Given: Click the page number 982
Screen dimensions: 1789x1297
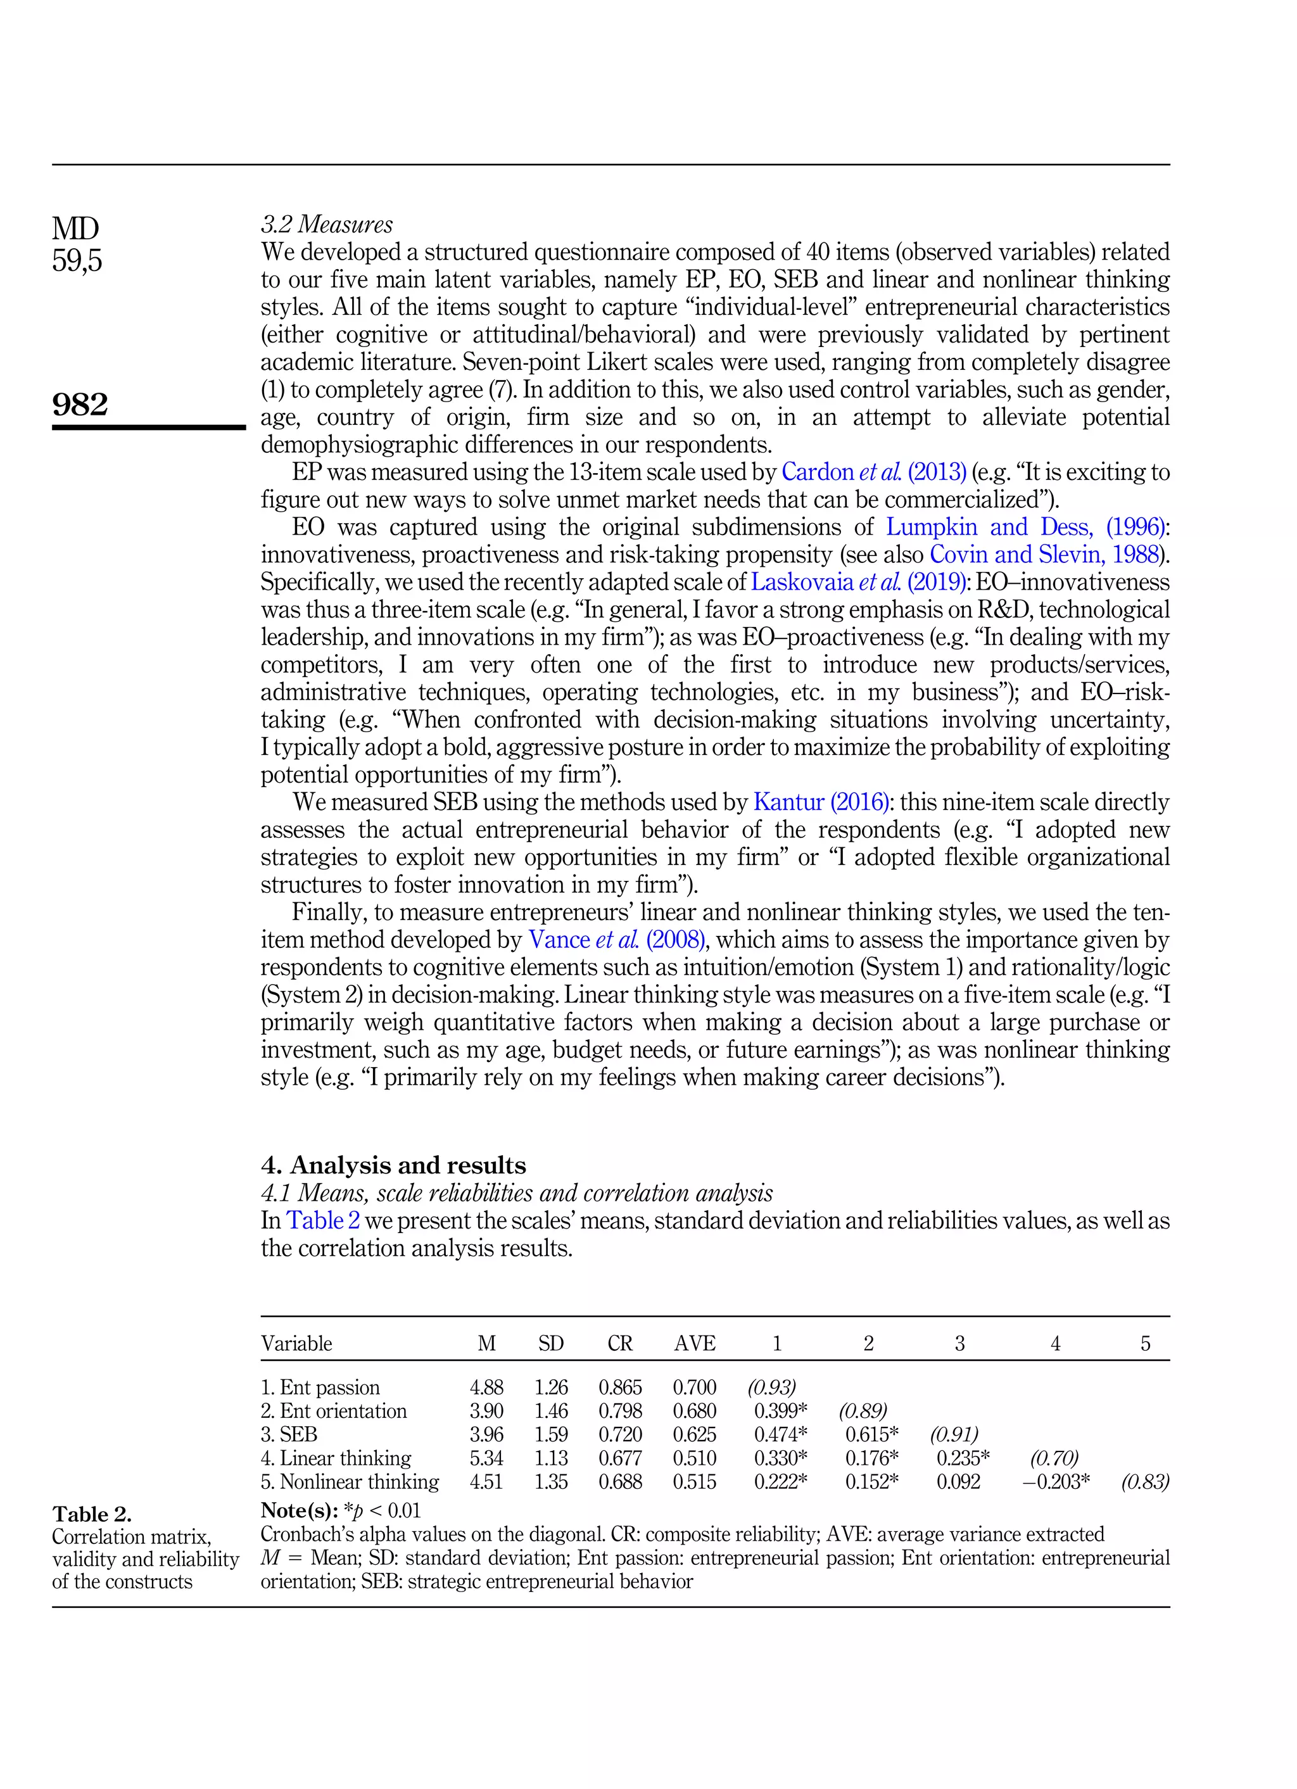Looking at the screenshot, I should [x=80, y=404].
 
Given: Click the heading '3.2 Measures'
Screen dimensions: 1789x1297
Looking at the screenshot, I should [x=327, y=224].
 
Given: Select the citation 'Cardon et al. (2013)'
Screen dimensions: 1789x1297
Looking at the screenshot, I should [x=873, y=472].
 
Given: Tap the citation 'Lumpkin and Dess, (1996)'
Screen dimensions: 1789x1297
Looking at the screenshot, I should [x=1025, y=527].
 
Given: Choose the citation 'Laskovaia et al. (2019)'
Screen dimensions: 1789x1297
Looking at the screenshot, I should [x=858, y=582].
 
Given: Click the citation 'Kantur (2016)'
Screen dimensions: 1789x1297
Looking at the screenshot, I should [x=821, y=802].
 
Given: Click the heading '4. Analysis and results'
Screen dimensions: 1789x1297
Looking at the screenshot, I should [x=393, y=1165].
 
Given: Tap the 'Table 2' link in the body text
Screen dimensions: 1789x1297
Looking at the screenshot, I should [x=323, y=1220].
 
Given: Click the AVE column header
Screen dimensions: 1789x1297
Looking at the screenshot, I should [x=694, y=1343].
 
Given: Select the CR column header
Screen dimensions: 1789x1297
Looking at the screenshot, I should [x=619, y=1343].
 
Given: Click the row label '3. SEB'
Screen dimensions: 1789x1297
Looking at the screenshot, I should [x=289, y=1435].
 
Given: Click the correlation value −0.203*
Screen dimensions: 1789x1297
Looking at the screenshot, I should [x=1056, y=1482].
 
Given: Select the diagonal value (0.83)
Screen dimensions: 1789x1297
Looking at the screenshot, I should [x=1145, y=1482].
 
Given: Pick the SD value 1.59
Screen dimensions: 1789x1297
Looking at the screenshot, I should [x=551, y=1435].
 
